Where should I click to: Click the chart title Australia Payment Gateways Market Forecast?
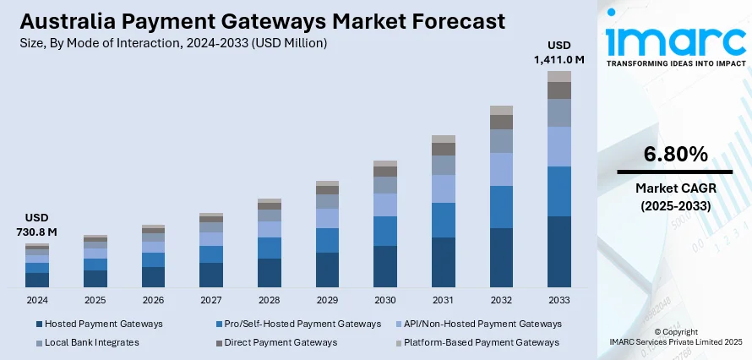pyautogui.click(x=253, y=20)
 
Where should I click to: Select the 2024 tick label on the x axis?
pyautogui.click(x=37, y=300)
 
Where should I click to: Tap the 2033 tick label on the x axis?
pyautogui.click(x=559, y=300)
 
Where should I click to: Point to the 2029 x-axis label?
pyautogui.click(x=327, y=300)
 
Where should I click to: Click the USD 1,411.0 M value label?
pyautogui.click(x=559, y=52)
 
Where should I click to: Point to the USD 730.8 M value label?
pyautogui.click(x=36, y=225)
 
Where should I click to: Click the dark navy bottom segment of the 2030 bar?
pyautogui.click(x=385, y=266)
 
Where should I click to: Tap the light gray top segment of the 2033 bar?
pyautogui.click(x=559, y=76)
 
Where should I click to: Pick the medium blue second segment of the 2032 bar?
pyautogui.click(x=501, y=207)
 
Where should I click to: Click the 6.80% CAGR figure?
pyautogui.click(x=675, y=154)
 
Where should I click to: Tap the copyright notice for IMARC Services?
pyautogui.click(x=675, y=336)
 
